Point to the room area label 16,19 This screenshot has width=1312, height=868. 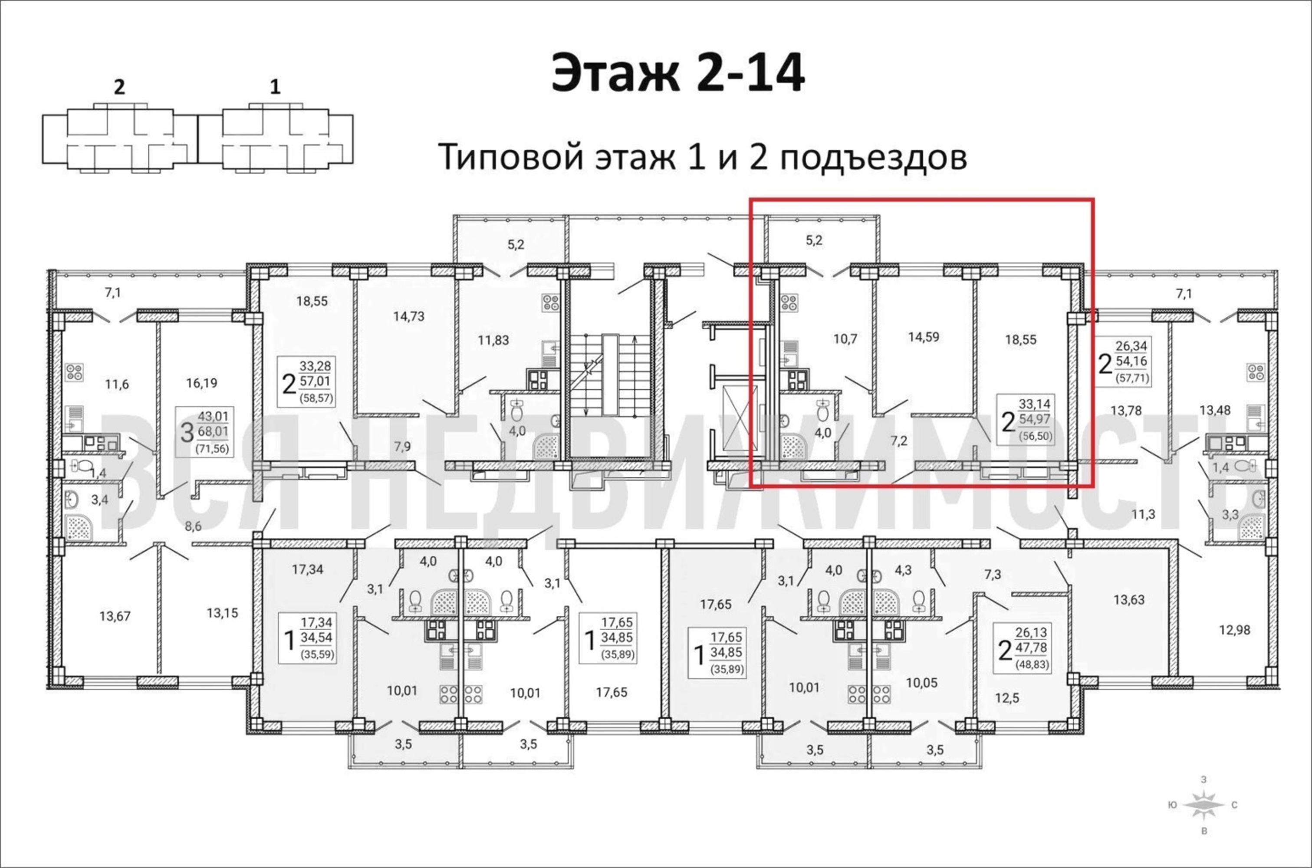tap(201, 382)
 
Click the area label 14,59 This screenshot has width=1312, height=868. tap(924, 337)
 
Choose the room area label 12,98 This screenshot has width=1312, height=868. tap(1234, 630)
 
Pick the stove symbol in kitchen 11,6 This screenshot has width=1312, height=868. tap(74, 372)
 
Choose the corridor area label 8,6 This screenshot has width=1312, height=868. tap(193, 526)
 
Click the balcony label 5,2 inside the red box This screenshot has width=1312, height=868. tap(814, 240)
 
